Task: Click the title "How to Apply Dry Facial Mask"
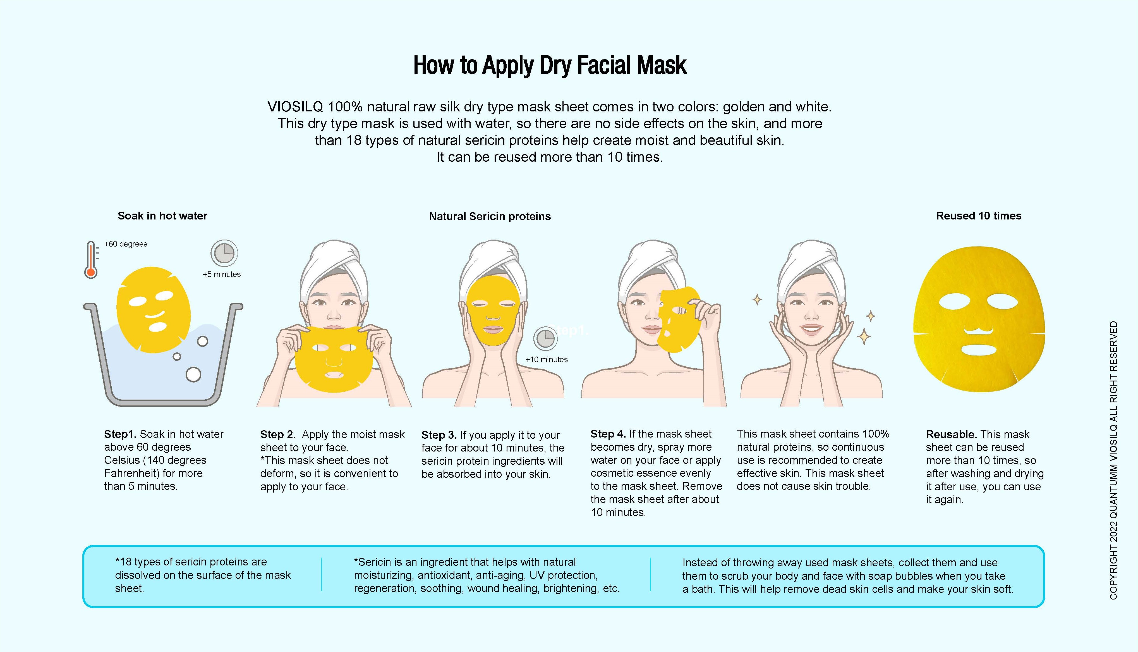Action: [x=550, y=65]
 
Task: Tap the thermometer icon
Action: [x=91, y=260]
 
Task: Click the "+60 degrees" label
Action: [x=126, y=244]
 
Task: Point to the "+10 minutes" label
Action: [x=547, y=360]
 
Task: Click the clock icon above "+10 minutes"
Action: [x=545, y=338]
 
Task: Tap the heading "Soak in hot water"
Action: [x=162, y=216]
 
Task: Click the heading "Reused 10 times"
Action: [x=979, y=216]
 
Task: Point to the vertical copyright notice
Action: [x=1114, y=460]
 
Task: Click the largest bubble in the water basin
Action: [x=193, y=374]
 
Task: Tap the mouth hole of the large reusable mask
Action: [x=979, y=350]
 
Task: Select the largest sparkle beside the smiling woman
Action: [x=864, y=336]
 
